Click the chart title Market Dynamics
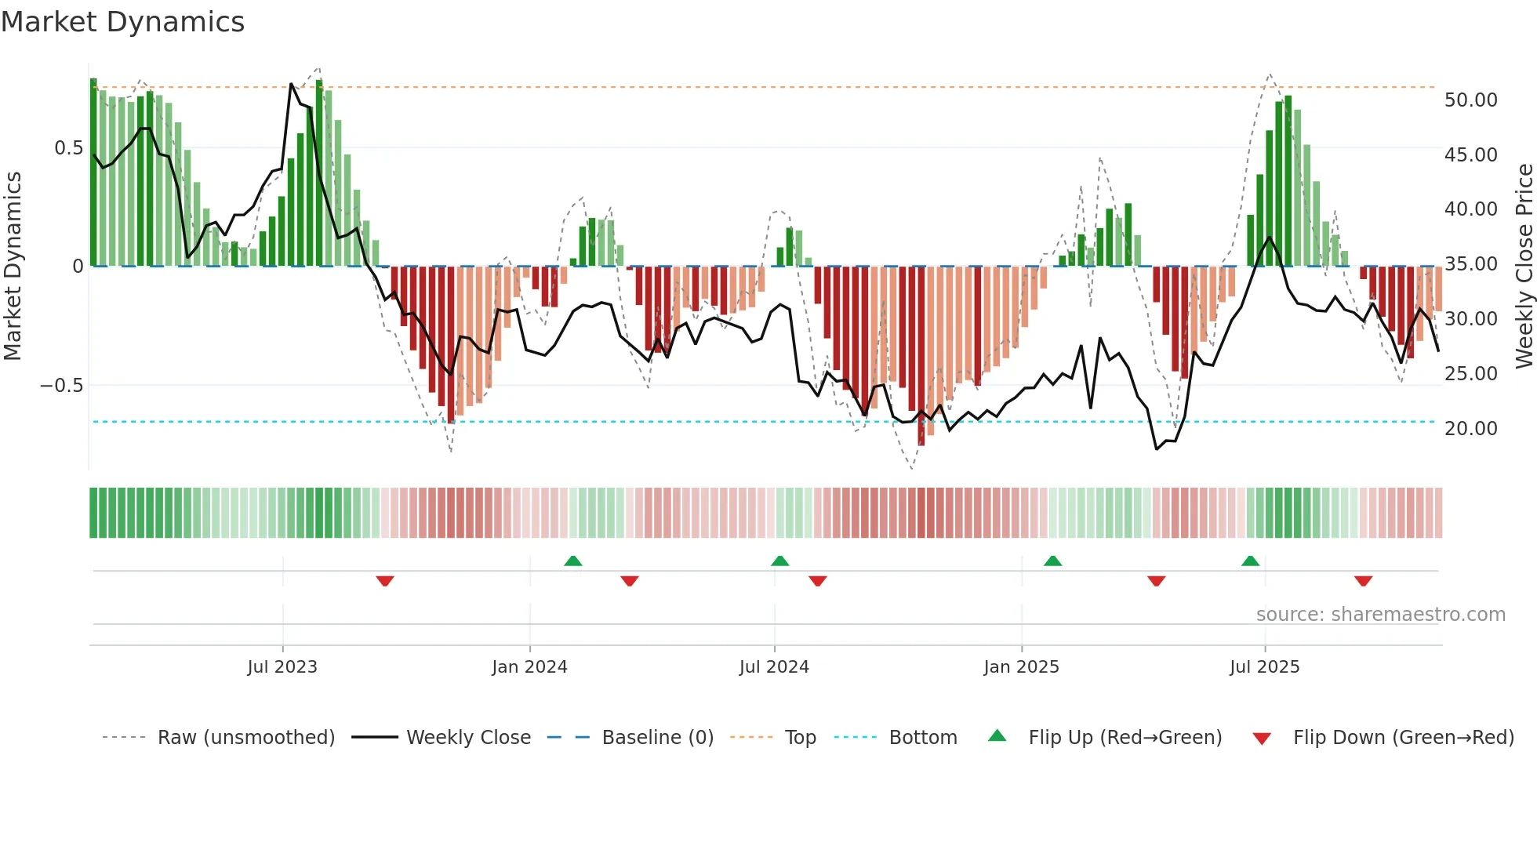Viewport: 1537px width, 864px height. [122, 22]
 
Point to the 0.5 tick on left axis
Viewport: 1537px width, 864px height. [68, 148]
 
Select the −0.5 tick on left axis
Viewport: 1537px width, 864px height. [61, 386]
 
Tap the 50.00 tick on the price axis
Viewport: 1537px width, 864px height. [1470, 100]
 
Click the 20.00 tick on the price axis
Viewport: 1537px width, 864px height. [1470, 429]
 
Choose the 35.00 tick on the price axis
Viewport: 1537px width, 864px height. [1470, 264]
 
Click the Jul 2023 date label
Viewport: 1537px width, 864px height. [282, 667]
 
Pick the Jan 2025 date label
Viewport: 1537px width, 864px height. [1021, 667]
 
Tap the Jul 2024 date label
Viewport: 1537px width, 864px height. [774, 667]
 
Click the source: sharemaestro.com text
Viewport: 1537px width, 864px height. [1380, 615]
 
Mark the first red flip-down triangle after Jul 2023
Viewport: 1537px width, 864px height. [385, 581]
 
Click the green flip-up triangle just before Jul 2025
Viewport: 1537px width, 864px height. [1250, 561]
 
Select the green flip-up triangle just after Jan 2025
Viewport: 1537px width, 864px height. [1052, 561]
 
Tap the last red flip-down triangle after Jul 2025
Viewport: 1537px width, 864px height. [1363, 581]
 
